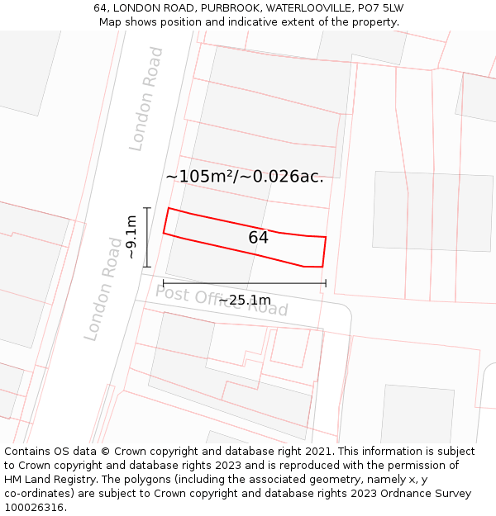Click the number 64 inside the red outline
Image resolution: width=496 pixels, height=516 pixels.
[x=258, y=238]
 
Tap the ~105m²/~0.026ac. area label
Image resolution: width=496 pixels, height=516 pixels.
[x=245, y=177]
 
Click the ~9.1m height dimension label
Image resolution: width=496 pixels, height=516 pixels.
[x=131, y=237]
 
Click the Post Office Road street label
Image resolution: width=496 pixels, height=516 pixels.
[x=222, y=301]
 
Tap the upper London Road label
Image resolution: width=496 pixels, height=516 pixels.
[x=146, y=98]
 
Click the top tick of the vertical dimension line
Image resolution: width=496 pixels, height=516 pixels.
[x=147, y=208]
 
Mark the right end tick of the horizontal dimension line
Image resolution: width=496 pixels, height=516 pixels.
[x=326, y=283]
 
